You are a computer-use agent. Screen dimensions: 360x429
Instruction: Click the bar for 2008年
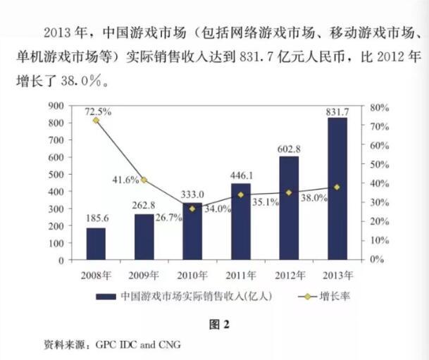tap(96, 243)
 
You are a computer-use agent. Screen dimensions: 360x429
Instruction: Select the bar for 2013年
tap(337, 188)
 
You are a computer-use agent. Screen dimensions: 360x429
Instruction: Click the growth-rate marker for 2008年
tap(96, 120)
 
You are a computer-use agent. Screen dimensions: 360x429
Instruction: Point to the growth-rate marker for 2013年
tap(337, 187)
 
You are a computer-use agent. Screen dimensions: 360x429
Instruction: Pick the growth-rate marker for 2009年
tap(144, 180)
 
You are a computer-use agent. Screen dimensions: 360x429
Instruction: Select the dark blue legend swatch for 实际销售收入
tap(107, 297)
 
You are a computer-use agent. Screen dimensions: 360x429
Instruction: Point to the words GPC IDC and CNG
tap(139, 346)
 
